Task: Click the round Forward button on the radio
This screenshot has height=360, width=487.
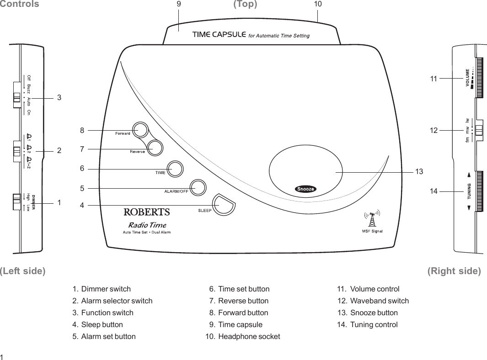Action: tap(140, 130)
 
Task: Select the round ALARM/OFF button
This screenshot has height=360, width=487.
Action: tap(198, 187)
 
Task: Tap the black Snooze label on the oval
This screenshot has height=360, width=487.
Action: tap(305, 189)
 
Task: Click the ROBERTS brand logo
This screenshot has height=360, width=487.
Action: tap(147, 212)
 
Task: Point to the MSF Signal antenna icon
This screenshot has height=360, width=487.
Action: tap(372, 218)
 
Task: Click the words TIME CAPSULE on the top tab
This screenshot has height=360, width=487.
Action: tap(219, 35)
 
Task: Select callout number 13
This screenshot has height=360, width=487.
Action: tap(419, 172)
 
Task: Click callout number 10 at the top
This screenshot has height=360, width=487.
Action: tap(318, 4)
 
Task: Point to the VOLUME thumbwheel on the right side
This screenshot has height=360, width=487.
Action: tap(479, 78)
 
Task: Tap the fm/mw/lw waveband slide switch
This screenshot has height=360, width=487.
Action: tap(478, 130)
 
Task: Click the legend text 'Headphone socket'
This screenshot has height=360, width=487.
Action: tap(249, 337)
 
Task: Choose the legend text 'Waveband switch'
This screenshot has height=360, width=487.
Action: tap(379, 301)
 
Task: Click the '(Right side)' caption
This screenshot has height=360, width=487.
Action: tap(454, 271)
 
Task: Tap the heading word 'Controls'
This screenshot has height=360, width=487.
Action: tap(19, 5)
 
